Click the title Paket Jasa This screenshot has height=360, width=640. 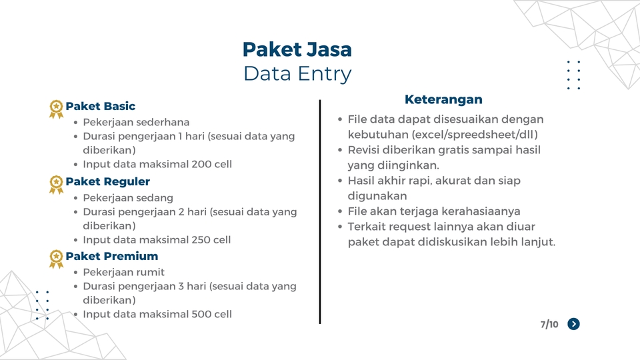(297, 49)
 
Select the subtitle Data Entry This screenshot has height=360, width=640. (297, 73)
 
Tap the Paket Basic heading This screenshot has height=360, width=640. (100, 106)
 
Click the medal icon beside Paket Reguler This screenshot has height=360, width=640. (57, 183)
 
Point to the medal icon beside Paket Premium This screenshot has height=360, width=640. (57, 258)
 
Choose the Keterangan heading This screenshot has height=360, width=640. (443, 99)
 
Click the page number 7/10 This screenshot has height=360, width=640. (549, 324)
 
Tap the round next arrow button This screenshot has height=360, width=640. (573, 324)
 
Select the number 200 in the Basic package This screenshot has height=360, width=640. (201, 164)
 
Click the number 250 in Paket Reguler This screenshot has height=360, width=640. (200, 239)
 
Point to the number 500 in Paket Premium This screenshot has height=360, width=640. (201, 314)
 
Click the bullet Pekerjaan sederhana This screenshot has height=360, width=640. (136, 123)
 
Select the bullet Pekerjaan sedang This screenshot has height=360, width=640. (128, 198)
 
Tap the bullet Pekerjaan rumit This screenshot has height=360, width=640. (124, 272)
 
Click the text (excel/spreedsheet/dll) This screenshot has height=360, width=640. (475, 135)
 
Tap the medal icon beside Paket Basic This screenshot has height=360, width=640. (57, 108)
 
